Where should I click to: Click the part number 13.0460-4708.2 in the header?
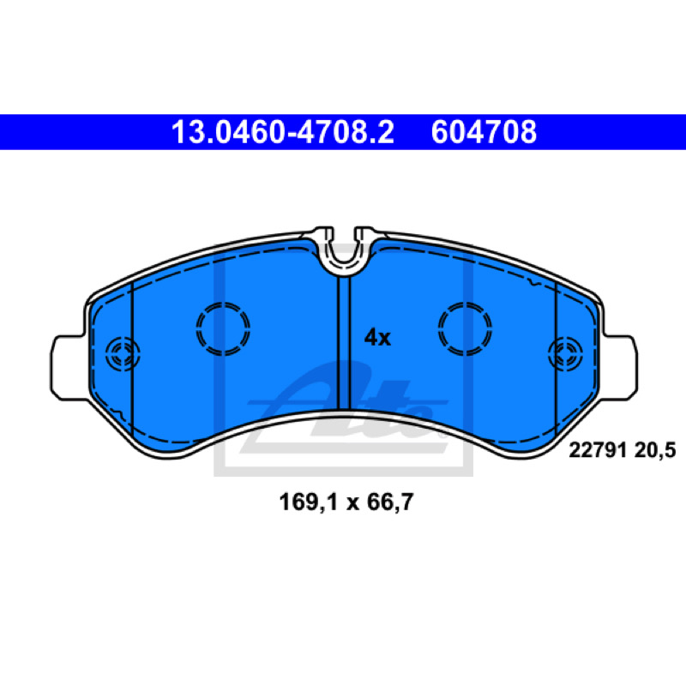283,132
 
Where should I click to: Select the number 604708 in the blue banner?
484,132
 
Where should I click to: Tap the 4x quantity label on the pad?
377,337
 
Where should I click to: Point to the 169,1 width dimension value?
309,502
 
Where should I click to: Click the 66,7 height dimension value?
390,502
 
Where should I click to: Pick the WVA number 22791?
598,450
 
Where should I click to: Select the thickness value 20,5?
655,450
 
